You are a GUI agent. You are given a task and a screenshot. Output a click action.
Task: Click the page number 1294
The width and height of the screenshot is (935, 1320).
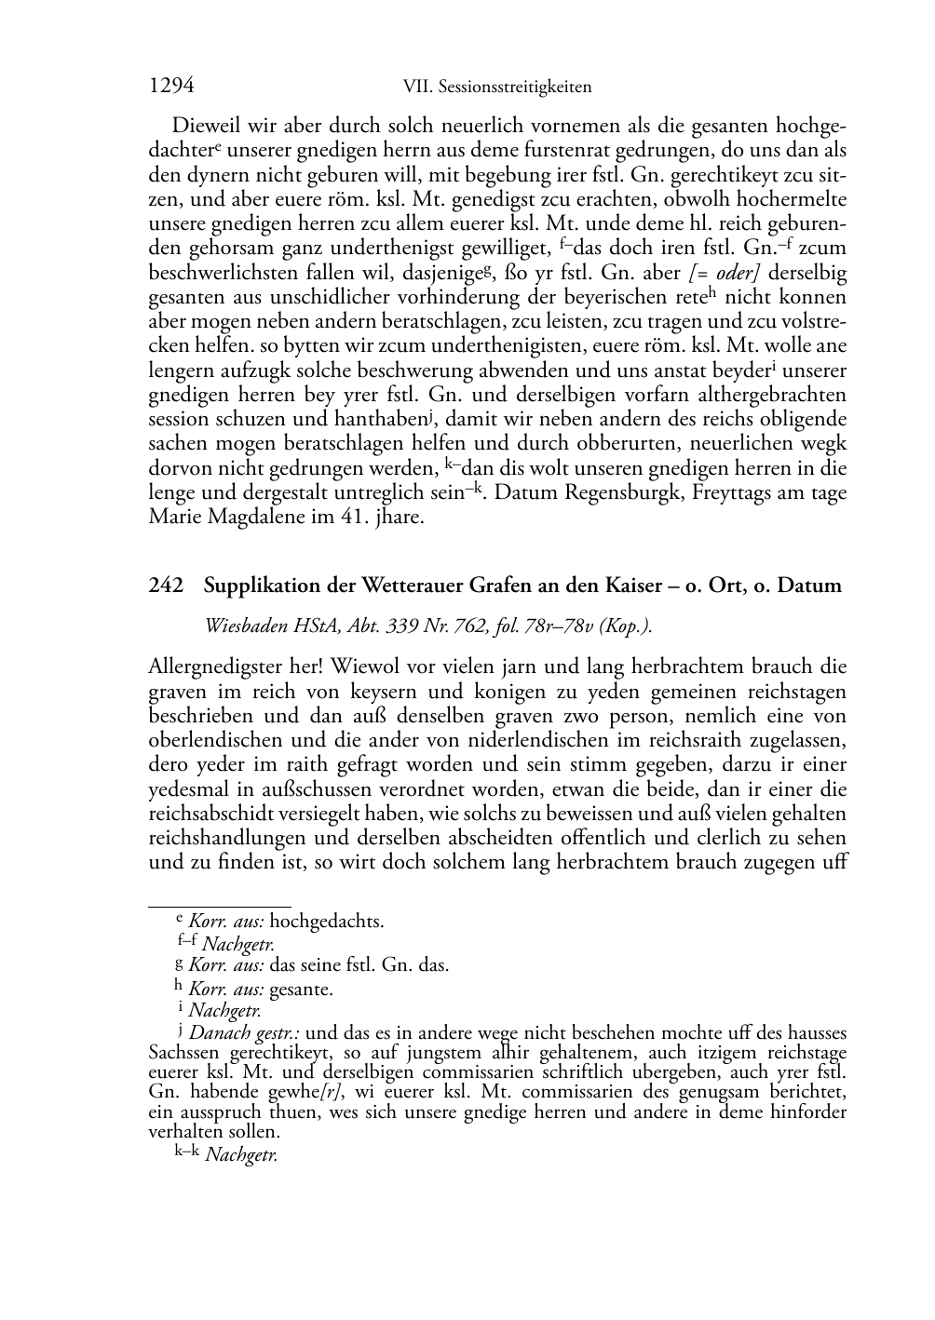coord(171,86)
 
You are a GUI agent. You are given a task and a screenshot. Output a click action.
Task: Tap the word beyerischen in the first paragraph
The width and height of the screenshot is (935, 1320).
coord(600,297)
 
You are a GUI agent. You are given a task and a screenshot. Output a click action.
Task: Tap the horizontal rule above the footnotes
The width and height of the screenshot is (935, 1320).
coord(220,905)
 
